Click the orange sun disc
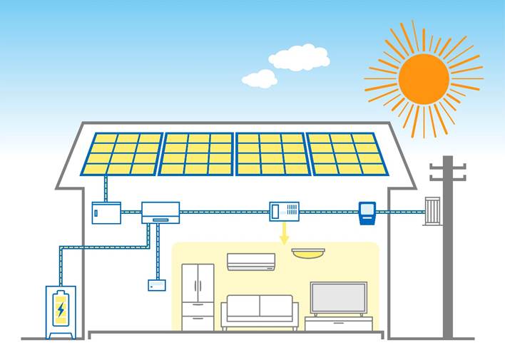point(424,78)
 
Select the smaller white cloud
point(260,78)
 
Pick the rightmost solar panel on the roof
point(347,154)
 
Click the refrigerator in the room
point(198,297)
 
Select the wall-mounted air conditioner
point(250,262)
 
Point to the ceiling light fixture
point(308,252)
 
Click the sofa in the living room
point(260,312)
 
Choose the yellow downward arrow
point(285,232)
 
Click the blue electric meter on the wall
point(367,212)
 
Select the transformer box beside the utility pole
point(432,210)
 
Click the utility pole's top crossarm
point(448,167)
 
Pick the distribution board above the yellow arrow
point(285,211)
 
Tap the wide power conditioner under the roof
point(160,212)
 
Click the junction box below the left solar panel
point(106,212)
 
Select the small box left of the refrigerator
point(157,285)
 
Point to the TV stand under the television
point(338,323)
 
